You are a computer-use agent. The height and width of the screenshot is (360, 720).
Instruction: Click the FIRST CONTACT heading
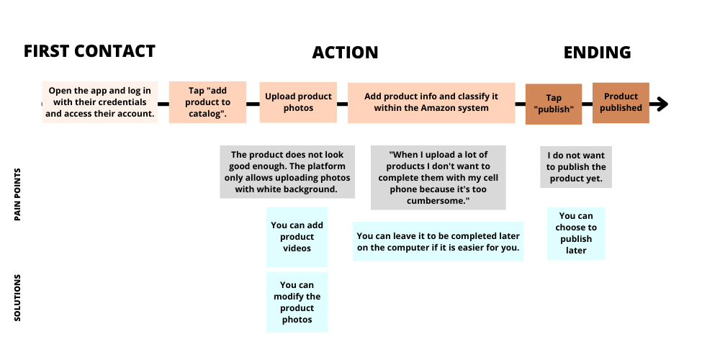[x=89, y=51]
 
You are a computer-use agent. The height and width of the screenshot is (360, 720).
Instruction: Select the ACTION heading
[x=346, y=53]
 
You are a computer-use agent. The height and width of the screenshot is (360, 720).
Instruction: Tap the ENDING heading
[x=597, y=53]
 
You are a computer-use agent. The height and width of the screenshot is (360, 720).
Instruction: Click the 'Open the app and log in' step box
[x=99, y=102]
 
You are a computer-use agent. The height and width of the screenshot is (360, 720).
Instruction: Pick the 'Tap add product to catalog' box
[x=207, y=102]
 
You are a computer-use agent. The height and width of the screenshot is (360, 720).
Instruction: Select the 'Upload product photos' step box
[x=298, y=102]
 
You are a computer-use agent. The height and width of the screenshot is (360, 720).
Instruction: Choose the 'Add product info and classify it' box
[x=431, y=103]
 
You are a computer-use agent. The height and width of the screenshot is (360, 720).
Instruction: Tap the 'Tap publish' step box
[x=554, y=104]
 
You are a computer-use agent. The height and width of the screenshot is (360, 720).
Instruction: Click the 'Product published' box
[x=621, y=103]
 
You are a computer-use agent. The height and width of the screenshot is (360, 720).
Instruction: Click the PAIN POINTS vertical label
[x=17, y=194]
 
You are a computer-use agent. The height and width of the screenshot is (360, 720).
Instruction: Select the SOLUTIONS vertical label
[x=17, y=297]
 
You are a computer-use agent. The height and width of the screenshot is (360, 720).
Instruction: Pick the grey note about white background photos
[x=287, y=172]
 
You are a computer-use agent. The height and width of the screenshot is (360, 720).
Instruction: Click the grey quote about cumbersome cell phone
[x=438, y=178]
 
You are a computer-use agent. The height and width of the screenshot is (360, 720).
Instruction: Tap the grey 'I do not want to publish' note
[x=576, y=167]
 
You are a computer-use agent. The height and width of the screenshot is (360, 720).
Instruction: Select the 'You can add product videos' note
[x=297, y=237]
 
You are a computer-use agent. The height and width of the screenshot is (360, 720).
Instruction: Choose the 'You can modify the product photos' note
[x=297, y=302]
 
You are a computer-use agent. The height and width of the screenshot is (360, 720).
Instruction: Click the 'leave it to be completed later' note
[x=438, y=241]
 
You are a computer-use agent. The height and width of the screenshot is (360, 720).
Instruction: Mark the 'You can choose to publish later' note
[x=576, y=233]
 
